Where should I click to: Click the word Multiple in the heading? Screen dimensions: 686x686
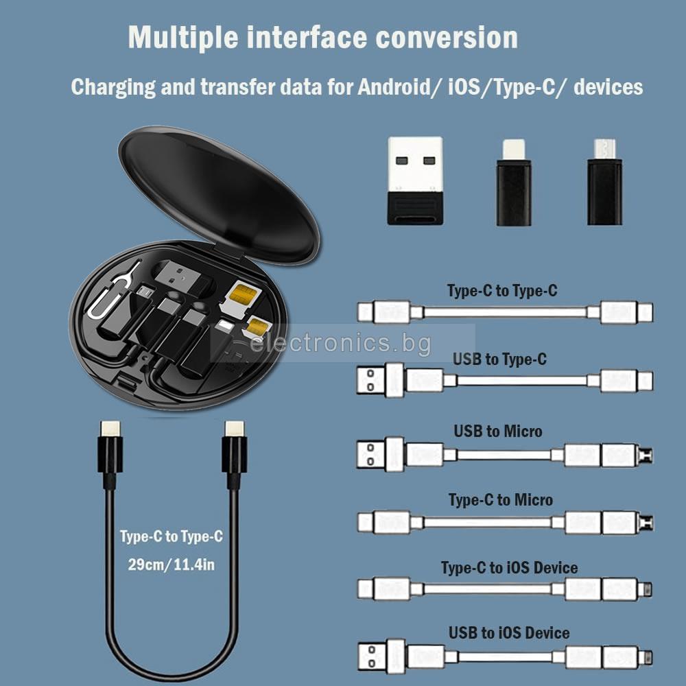(183, 38)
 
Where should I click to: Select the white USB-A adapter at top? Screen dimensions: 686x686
(415, 180)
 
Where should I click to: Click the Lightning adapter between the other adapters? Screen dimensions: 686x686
(514, 182)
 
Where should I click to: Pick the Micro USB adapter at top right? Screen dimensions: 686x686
(604, 182)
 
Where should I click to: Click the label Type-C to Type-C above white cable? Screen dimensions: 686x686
(502, 290)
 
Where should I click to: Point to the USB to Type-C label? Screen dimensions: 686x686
(499, 359)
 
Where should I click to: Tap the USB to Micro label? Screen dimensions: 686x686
(498, 431)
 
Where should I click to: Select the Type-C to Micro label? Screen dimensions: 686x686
(501, 499)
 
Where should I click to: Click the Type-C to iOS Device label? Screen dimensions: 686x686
(509, 568)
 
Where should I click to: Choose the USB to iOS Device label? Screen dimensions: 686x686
(509, 632)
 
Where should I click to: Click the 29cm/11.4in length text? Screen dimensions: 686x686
(171, 565)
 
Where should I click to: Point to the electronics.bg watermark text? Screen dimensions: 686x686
(340, 342)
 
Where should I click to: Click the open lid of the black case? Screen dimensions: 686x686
(219, 195)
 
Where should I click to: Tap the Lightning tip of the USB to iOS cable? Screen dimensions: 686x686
(646, 657)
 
